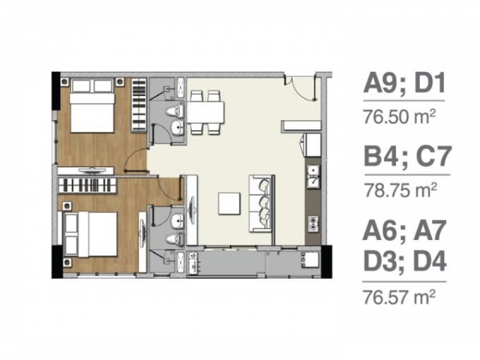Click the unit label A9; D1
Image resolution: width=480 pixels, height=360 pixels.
click(404, 83)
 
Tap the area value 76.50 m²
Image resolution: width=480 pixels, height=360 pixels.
click(400, 116)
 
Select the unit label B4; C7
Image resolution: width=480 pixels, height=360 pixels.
click(407, 156)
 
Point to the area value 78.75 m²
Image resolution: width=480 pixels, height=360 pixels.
click(400, 190)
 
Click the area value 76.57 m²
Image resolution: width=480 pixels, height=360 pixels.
click(399, 296)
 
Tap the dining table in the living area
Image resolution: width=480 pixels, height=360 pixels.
click(205, 112)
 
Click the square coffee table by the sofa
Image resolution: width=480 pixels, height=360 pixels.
click(229, 203)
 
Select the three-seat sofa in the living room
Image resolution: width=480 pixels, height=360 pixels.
click(261, 203)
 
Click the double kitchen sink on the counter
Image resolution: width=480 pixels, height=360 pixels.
click(313, 176)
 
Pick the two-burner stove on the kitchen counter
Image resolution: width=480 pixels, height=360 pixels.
click(313, 224)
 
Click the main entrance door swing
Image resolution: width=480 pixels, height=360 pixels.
click(301, 88)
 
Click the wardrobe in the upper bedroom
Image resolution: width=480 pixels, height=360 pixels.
click(138, 105)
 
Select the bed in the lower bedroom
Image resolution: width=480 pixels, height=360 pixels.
click(90, 234)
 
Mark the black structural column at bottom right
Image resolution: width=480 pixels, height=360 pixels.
click(326, 262)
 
